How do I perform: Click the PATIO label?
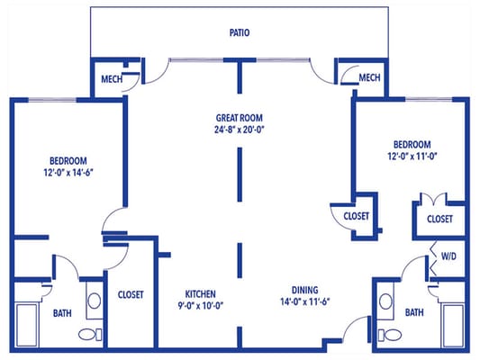239,32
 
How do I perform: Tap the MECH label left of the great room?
112,77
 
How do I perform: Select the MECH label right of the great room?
369,77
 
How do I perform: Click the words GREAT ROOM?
239,118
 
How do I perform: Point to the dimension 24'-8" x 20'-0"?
239,130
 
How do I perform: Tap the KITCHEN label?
201,293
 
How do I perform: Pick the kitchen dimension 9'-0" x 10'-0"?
201,305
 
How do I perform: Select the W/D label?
448,256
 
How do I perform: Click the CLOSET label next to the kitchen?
132,293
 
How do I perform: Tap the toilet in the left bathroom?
88,335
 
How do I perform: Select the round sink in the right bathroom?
385,301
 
